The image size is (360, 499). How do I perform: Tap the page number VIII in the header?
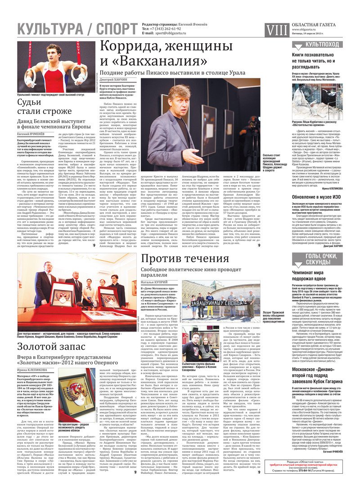[276, 30]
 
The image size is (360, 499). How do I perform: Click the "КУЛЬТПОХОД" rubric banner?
[322, 44]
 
